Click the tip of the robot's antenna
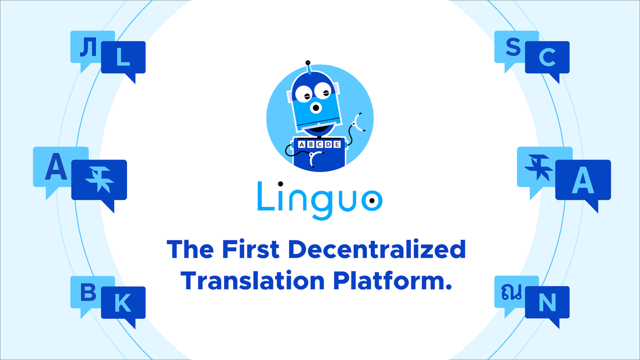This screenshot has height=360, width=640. click(x=308, y=63)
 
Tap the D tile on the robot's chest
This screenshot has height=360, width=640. click(x=329, y=145)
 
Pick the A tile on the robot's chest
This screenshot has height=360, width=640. click(x=302, y=145)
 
